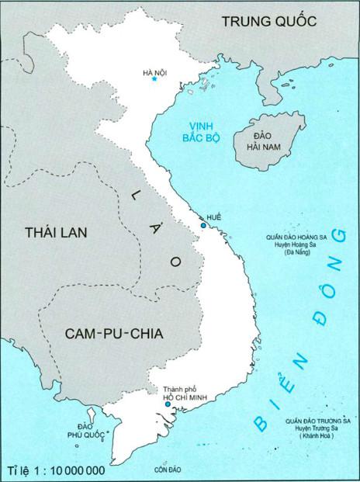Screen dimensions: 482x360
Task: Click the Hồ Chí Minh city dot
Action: tap(168, 404)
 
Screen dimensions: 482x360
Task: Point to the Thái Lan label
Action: tap(58, 232)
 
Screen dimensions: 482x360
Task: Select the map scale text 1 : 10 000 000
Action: tap(56, 470)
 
